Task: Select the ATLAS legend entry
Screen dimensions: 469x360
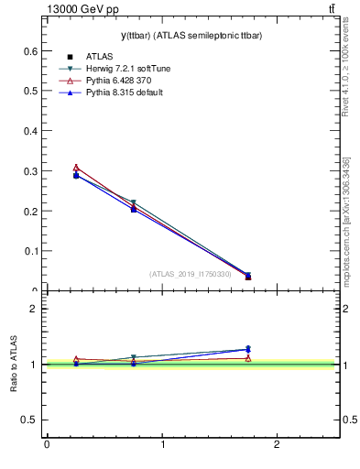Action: click(98, 57)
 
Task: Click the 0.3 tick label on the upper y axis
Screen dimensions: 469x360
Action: click(29, 171)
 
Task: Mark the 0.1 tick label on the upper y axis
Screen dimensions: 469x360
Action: click(29, 251)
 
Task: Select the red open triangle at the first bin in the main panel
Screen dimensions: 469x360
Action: click(76, 168)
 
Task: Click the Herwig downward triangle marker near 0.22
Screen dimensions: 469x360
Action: click(134, 202)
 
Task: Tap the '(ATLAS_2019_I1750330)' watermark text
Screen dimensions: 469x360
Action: click(191, 274)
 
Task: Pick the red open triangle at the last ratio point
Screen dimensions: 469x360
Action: click(248, 358)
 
